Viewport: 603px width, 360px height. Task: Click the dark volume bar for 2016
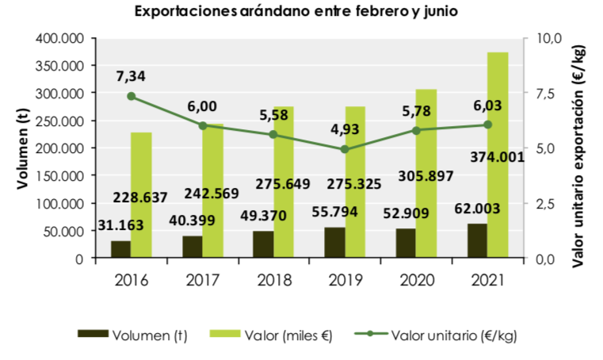tap(120, 249)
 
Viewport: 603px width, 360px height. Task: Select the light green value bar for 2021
tap(498, 155)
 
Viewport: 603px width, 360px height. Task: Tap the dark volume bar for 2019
tap(334, 242)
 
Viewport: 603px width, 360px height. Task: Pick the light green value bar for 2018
tap(284, 182)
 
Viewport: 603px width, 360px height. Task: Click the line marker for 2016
tap(131, 96)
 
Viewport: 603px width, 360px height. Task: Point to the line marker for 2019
tap(345, 149)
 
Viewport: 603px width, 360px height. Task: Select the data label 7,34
tap(131, 76)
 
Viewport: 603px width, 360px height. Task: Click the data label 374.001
tap(498, 157)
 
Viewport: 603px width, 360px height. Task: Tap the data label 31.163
tap(120, 225)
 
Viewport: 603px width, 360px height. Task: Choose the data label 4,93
tap(345, 129)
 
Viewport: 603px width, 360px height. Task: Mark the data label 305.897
tap(426, 176)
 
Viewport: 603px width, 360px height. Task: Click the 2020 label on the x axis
tap(417, 280)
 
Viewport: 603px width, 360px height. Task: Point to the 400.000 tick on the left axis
tap(59, 38)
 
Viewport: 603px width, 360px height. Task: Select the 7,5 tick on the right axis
tap(543, 94)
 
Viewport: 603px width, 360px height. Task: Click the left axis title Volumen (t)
tap(23, 148)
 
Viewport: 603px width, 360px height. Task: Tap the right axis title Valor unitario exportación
tap(578, 156)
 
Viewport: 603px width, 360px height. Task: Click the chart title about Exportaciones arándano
tap(296, 11)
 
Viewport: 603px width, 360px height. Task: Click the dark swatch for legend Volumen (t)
tap(93, 333)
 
